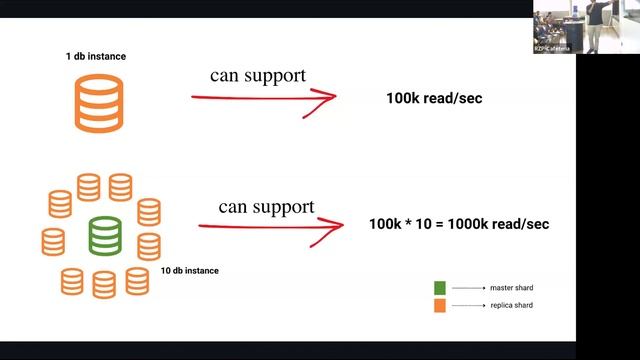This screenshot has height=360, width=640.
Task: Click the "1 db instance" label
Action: (89, 58)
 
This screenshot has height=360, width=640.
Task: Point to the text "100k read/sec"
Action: (434, 99)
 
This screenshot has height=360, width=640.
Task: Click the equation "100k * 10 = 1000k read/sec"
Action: (459, 224)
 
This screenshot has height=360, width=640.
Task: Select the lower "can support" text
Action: (266, 207)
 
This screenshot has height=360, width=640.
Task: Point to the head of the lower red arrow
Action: (335, 226)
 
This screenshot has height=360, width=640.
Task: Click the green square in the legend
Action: (441, 288)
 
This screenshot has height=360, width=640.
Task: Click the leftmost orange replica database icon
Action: (53, 240)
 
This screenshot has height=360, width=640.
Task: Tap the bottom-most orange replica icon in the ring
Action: (104, 285)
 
